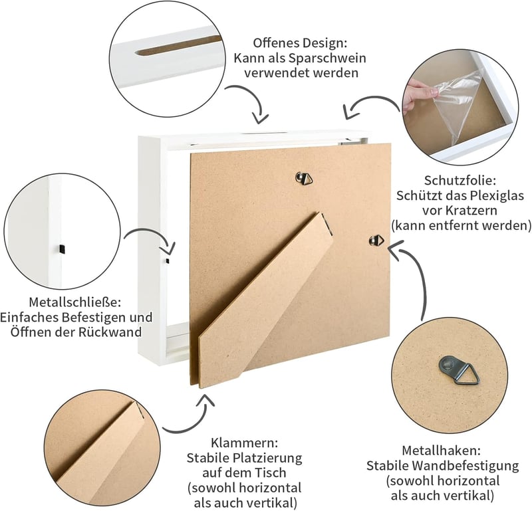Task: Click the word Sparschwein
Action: [327, 58]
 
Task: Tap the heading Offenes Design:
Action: [300, 43]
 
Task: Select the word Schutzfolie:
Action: [460, 180]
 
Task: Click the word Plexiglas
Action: [495, 195]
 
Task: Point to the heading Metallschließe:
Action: [74, 302]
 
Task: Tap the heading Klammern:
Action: [244, 443]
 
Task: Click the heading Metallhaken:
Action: [442, 451]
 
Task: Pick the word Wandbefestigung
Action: [473, 466]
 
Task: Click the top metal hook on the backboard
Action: [304, 178]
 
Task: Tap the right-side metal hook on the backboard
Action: [376, 241]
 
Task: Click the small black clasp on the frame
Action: [168, 260]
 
